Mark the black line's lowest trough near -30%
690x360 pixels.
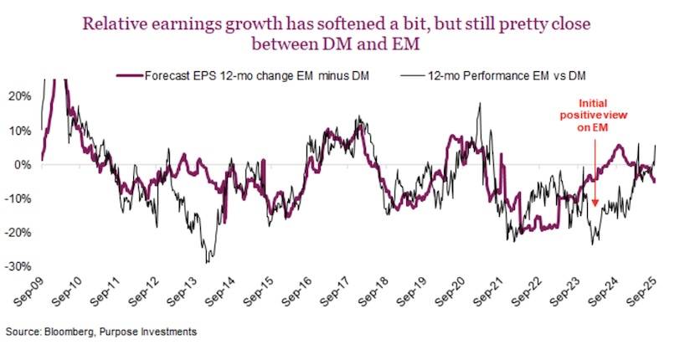(x=206, y=262)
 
